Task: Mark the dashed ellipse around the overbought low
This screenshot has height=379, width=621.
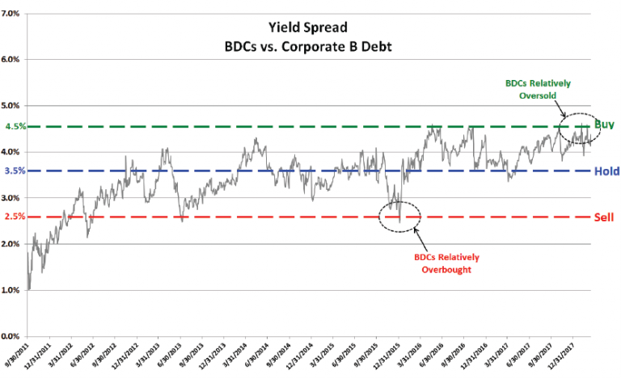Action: [399, 216]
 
